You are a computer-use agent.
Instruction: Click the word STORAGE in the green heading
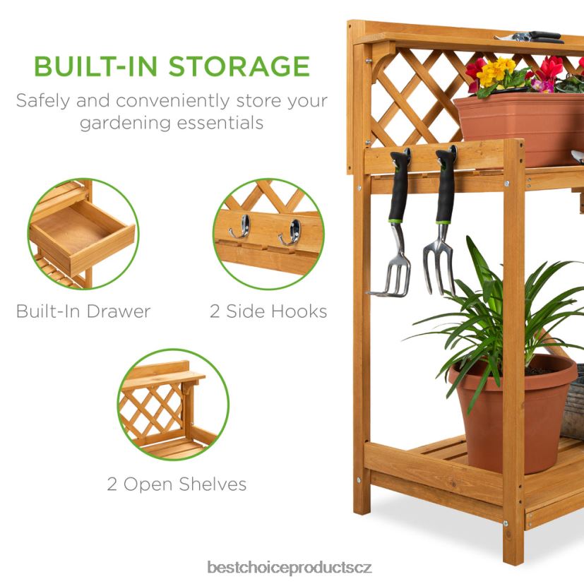click(x=239, y=66)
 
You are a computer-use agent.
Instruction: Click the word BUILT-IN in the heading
click(x=95, y=66)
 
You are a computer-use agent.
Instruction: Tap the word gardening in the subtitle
click(x=125, y=124)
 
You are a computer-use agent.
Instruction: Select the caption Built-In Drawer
click(x=83, y=311)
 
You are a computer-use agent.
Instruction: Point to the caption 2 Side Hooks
click(x=268, y=311)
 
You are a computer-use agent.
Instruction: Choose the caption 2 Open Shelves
click(x=177, y=484)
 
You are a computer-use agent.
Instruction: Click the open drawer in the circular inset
click(x=82, y=234)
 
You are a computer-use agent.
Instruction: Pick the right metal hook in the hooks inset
click(x=290, y=232)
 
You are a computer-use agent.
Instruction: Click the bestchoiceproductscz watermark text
click(x=290, y=568)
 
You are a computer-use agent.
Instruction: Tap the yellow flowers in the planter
click(x=495, y=71)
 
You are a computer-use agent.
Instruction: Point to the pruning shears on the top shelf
click(x=528, y=37)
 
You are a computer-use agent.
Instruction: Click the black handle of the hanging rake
click(x=399, y=186)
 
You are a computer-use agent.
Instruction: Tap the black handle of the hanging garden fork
click(x=446, y=186)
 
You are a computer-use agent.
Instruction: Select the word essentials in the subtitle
click(x=220, y=123)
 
